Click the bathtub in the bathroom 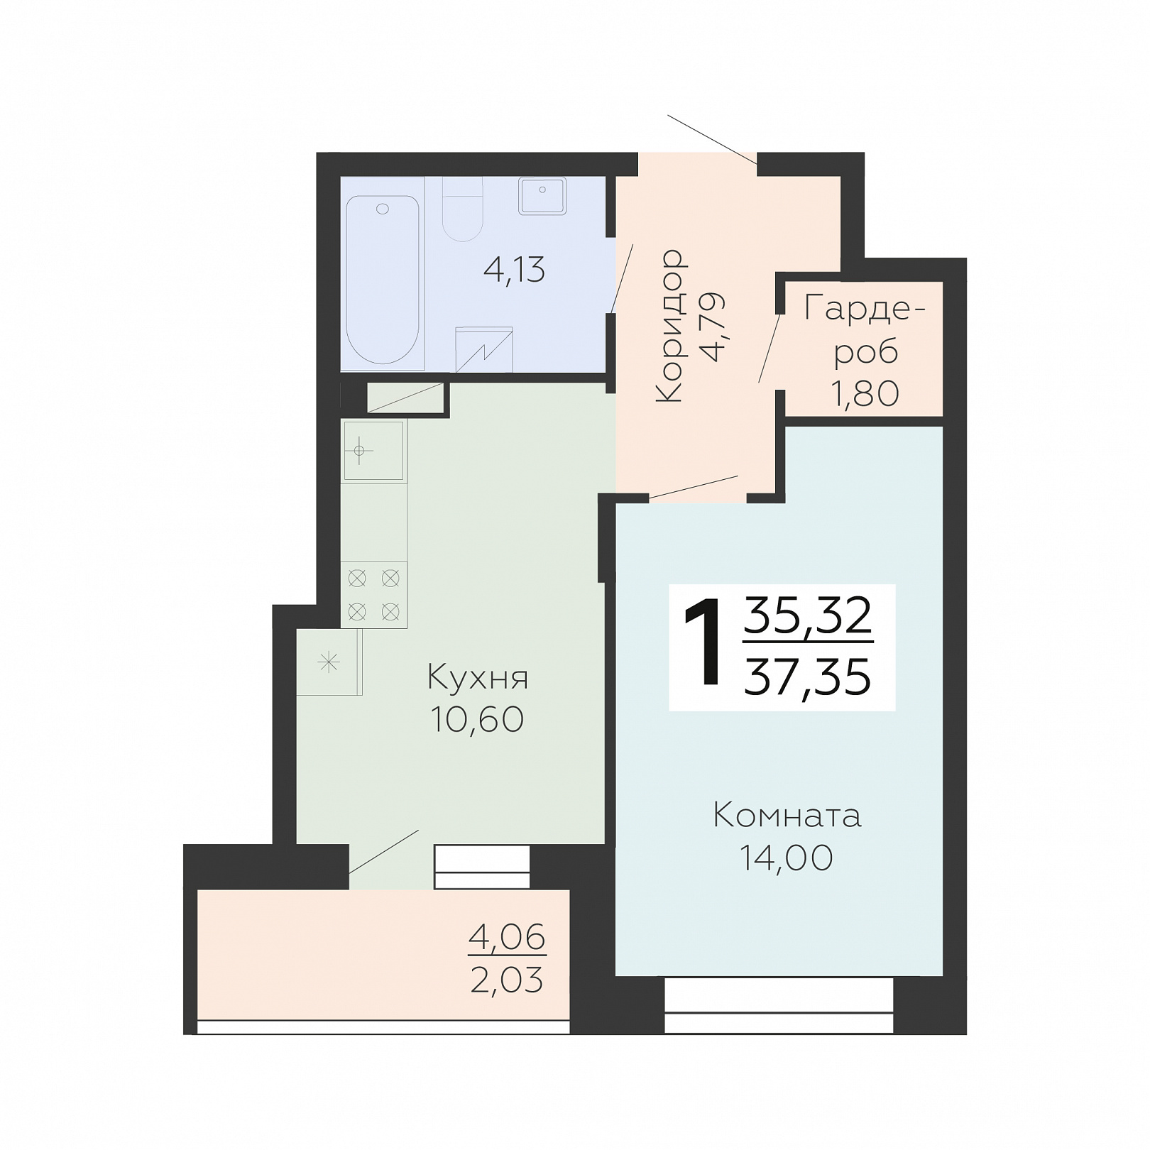pyautogui.click(x=383, y=280)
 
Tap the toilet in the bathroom pyautogui.click(x=463, y=209)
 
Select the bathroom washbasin pyautogui.click(x=542, y=195)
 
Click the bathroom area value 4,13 pyautogui.click(x=514, y=270)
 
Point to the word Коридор pyautogui.click(x=670, y=326)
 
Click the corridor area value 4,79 pyautogui.click(x=711, y=326)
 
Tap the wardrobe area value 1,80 pyautogui.click(x=865, y=393)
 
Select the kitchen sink pyautogui.click(x=373, y=451)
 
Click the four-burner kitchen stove pyautogui.click(x=373, y=595)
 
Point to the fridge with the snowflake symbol pyautogui.click(x=329, y=662)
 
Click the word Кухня pyautogui.click(x=478, y=678)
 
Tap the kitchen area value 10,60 pyautogui.click(x=477, y=719)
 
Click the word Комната pyautogui.click(x=787, y=816)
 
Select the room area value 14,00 pyautogui.click(x=787, y=858)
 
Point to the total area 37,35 pyautogui.click(x=807, y=677)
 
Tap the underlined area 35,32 pyautogui.click(x=808, y=615)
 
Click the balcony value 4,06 pyautogui.click(x=507, y=938)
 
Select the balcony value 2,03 pyautogui.click(x=507, y=980)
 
